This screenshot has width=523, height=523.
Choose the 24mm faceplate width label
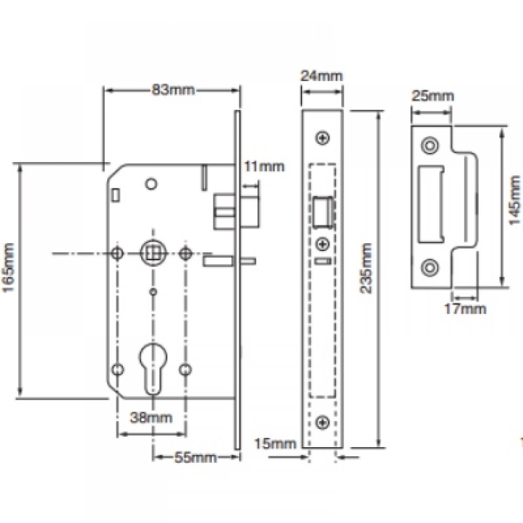321,75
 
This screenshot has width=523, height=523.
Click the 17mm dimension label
465,309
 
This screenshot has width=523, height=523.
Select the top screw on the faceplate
323,138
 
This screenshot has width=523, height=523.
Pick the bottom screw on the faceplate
323,422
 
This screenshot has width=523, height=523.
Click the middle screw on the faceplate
323,243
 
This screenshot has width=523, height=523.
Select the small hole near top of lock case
152,184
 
